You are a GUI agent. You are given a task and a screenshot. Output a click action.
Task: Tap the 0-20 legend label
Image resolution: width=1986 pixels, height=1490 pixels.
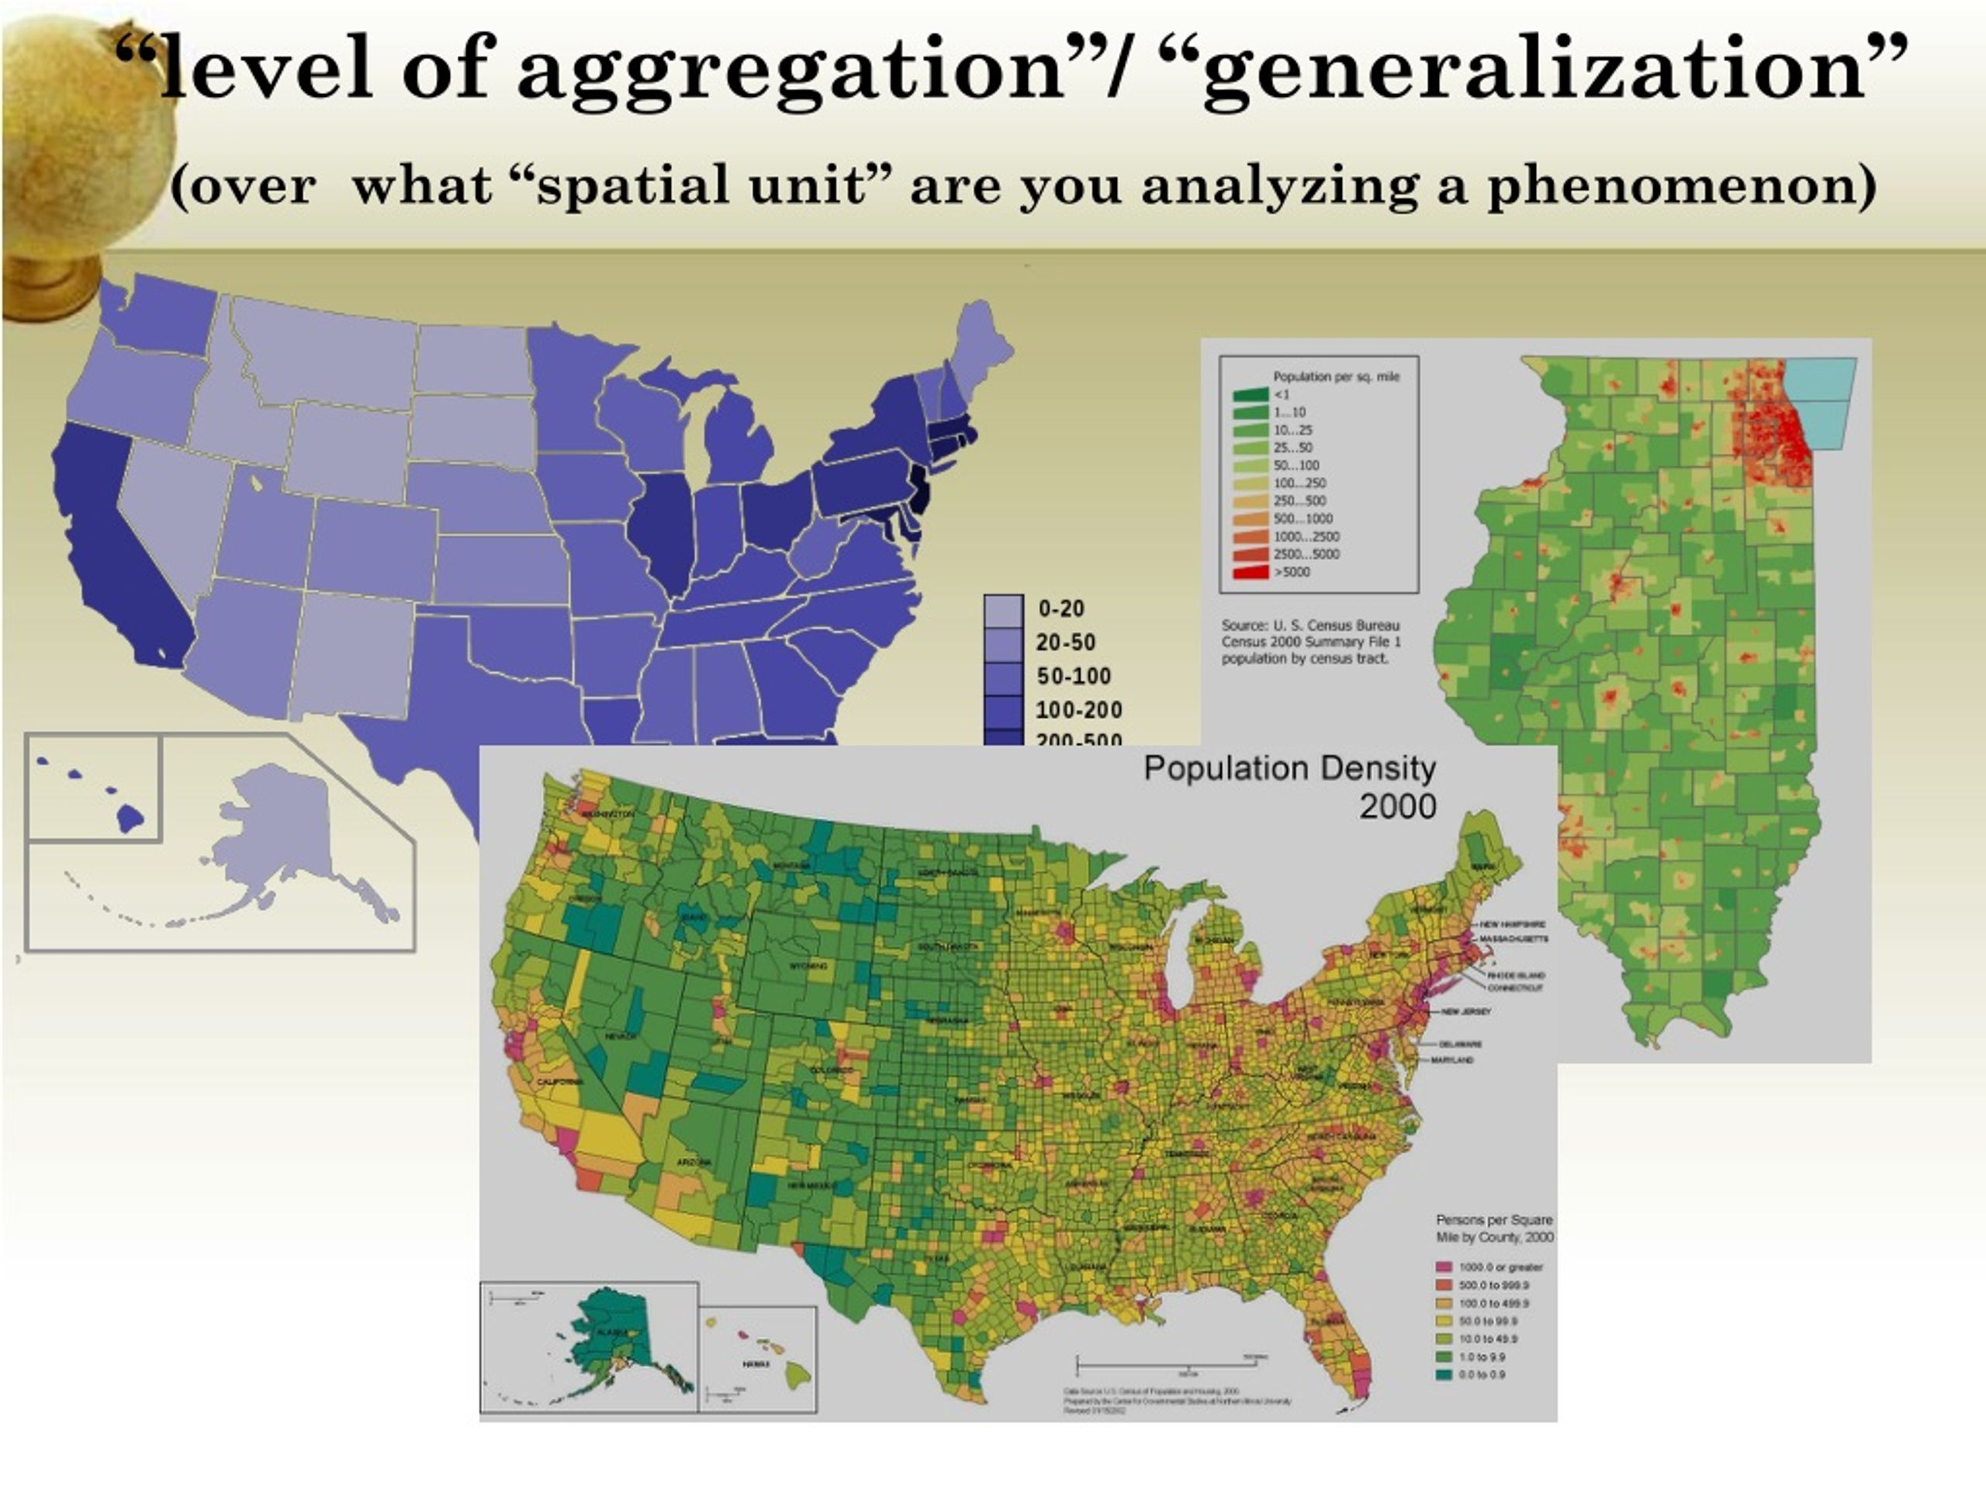tap(1061, 609)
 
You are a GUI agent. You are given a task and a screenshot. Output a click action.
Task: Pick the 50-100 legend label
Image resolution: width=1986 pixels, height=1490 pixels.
tap(1074, 676)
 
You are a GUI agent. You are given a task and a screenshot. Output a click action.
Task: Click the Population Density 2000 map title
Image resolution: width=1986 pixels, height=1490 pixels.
tap(1289, 787)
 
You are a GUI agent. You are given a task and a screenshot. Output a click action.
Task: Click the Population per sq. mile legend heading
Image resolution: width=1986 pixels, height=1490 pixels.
tap(1336, 376)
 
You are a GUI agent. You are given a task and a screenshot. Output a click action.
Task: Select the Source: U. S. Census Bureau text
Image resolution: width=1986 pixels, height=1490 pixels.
tap(1310, 625)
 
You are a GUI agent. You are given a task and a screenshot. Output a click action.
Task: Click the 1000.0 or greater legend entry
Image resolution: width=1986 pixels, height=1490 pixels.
tap(1500, 1267)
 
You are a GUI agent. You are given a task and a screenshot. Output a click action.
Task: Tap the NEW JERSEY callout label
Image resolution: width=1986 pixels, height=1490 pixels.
tap(1465, 1011)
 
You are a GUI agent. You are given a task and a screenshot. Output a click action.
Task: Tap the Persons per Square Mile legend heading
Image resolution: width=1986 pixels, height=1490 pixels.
tap(1494, 1228)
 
